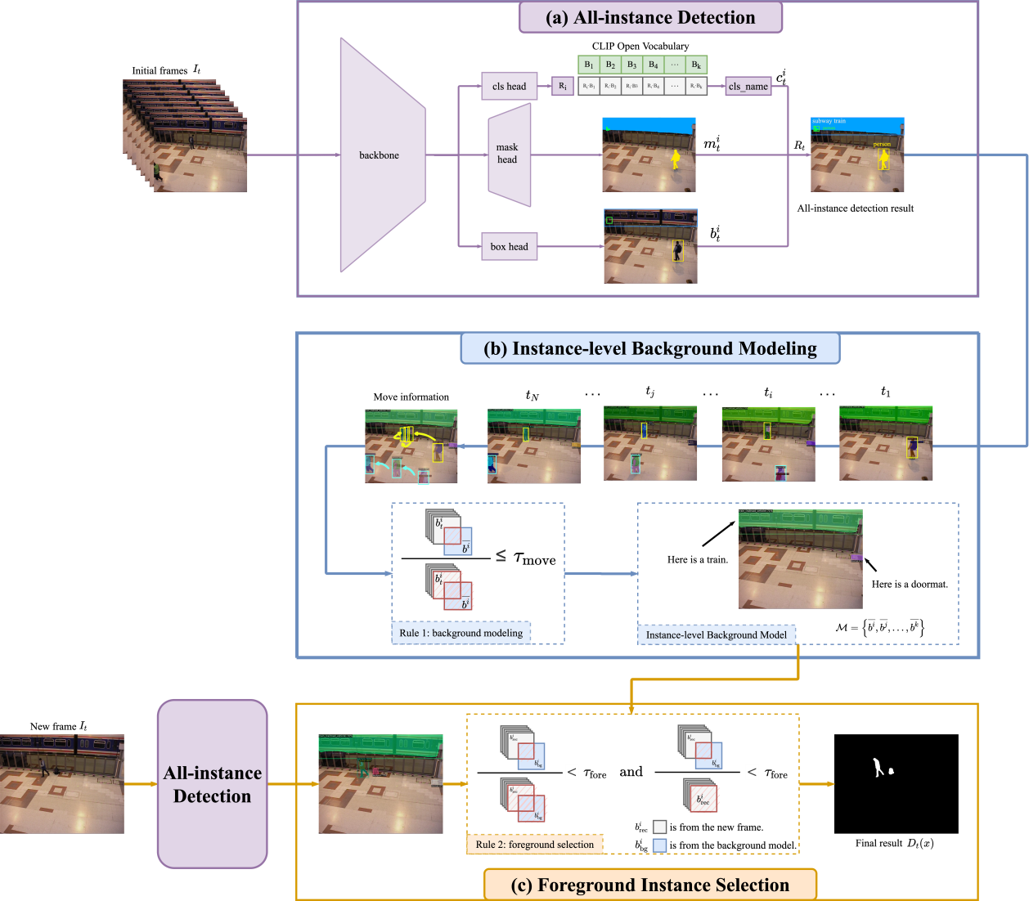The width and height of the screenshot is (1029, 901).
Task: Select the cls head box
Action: coord(509,86)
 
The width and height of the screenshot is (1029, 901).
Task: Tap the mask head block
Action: coord(508,154)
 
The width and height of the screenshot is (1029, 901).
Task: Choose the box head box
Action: coord(509,246)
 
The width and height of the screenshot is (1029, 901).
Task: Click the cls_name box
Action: coord(748,86)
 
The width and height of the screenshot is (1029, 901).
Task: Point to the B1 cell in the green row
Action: coord(589,65)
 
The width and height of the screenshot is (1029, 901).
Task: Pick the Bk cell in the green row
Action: coord(696,65)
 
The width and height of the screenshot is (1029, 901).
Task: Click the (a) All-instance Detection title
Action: coord(650,17)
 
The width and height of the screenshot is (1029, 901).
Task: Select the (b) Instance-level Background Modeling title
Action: coord(650,348)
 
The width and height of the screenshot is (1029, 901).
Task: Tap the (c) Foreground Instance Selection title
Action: coord(650,885)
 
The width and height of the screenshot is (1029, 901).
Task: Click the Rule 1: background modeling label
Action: coord(461,633)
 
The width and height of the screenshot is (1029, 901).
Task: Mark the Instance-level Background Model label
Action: coord(716,634)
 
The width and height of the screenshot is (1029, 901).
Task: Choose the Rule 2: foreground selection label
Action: coord(535,844)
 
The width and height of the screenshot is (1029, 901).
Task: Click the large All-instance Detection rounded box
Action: coord(212,783)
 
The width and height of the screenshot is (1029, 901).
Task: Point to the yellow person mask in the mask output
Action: coord(676,159)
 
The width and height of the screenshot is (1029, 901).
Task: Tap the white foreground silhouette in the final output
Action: coord(878,768)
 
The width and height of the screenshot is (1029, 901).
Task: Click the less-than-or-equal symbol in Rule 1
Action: coord(501,556)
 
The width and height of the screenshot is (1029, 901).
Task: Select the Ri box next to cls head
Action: coord(563,86)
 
